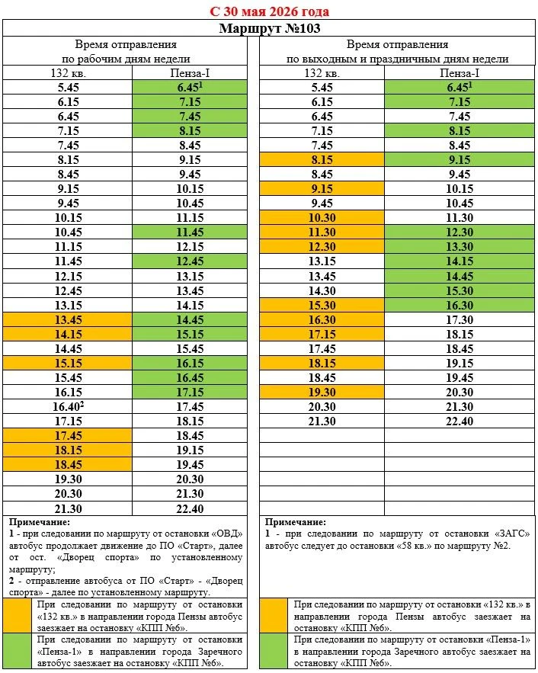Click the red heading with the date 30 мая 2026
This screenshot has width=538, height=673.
click(270, 11)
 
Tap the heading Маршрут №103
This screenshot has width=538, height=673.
click(270, 28)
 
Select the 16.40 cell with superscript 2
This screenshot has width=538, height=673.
click(67, 406)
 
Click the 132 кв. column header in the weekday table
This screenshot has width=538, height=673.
click(68, 73)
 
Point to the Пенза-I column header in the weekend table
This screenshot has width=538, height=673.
click(459, 73)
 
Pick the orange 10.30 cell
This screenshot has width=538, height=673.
click(322, 218)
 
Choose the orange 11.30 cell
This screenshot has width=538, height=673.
click(322, 232)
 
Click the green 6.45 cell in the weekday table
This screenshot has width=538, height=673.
click(190, 87)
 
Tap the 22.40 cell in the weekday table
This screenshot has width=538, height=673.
click(190, 508)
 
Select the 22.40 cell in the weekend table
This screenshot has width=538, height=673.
click(459, 421)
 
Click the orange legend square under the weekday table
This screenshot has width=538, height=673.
click(18, 616)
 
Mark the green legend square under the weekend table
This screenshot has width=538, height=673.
click(274, 651)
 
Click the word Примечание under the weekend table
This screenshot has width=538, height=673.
click(295, 522)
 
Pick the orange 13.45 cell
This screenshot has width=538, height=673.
click(67, 320)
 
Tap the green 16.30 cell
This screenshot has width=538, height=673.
click(459, 305)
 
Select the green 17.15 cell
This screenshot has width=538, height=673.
click(190, 392)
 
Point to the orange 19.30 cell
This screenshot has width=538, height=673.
click(322, 392)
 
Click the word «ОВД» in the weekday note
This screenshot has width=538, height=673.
click(227, 534)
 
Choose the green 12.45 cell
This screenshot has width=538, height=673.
click(190, 261)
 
